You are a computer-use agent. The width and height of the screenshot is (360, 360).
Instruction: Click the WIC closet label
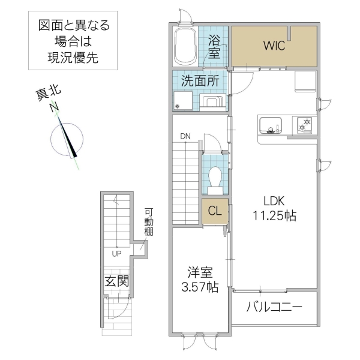(275, 46)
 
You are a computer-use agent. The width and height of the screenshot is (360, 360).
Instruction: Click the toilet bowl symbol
(215, 176)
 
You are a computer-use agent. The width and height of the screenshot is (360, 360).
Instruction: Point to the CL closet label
(215, 211)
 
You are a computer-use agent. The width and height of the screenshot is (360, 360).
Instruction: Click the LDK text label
(273, 202)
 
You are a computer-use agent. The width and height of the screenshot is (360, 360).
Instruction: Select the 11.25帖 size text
(273, 216)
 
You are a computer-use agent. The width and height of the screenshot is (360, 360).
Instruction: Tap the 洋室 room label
(199, 272)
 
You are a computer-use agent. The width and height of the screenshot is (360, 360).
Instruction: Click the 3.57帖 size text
(199, 287)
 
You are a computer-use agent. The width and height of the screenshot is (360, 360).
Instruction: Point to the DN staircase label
(186, 136)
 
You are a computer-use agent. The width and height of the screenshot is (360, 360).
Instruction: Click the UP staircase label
(116, 253)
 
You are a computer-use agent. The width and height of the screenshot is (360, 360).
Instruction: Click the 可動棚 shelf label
(149, 221)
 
